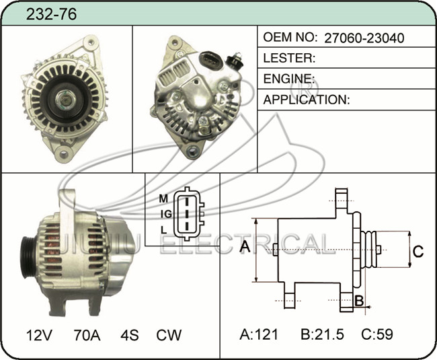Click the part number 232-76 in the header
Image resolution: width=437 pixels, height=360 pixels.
[51, 14]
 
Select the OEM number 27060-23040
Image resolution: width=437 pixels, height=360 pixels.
[364, 38]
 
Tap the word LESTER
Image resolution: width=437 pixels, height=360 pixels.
[288, 58]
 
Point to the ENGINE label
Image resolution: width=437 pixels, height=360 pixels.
[288, 79]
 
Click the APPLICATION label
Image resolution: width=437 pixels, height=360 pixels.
[307, 100]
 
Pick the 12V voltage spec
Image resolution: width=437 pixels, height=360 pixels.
[39, 335]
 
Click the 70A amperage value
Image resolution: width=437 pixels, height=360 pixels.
[87, 335]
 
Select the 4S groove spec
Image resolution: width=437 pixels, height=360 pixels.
[130, 335]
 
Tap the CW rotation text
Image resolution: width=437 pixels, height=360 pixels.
[169, 335]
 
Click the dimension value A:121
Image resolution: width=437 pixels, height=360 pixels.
[259, 334]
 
